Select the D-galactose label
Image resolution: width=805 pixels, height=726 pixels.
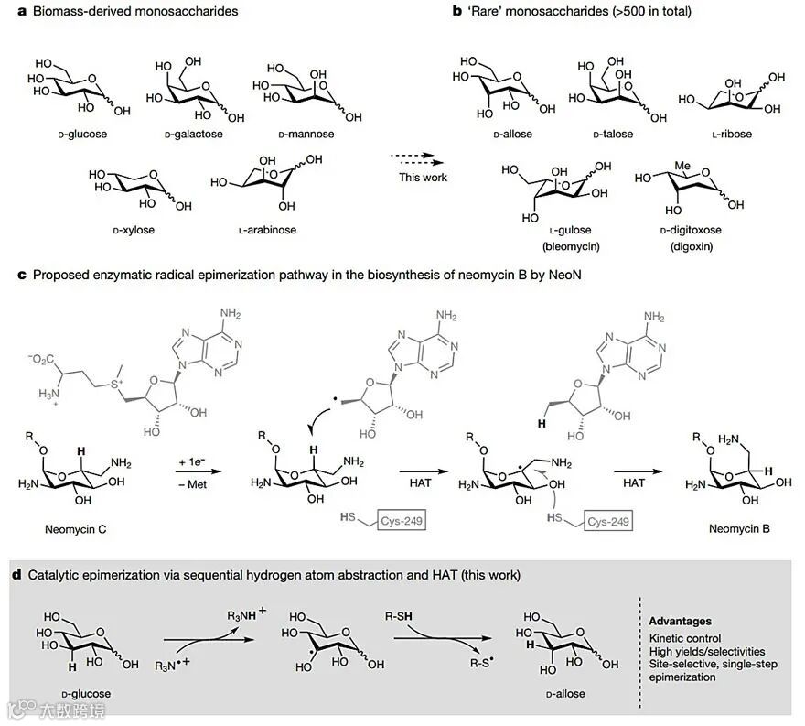(x=193, y=135)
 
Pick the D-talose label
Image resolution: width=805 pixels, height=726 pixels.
(x=606, y=135)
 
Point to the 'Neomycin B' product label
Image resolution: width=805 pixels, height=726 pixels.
(x=733, y=528)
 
